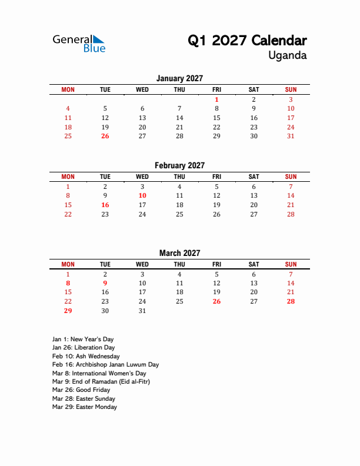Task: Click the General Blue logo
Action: point(79,44)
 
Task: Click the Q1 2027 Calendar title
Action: point(247,41)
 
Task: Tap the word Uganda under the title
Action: point(287,56)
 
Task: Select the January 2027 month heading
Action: point(179,78)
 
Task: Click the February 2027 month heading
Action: point(179,165)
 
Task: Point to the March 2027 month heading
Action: point(179,253)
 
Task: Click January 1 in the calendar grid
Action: point(216,99)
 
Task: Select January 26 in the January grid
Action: point(105,136)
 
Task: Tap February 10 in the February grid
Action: point(142,195)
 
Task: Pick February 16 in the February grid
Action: point(105,205)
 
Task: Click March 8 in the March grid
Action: point(68,283)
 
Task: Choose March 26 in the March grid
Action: point(216,301)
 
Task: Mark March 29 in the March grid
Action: point(68,311)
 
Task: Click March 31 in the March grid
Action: point(142,311)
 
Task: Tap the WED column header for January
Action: point(142,89)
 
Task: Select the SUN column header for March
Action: point(291,264)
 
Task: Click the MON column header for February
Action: point(68,177)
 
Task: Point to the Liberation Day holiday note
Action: point(83,348)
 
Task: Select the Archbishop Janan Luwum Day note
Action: point(105,365)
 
